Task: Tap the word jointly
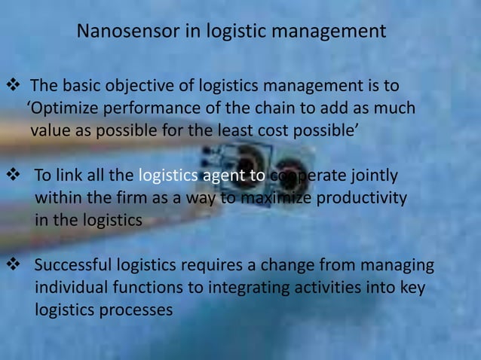[x=369, y=176]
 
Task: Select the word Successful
[x=72, y=266]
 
